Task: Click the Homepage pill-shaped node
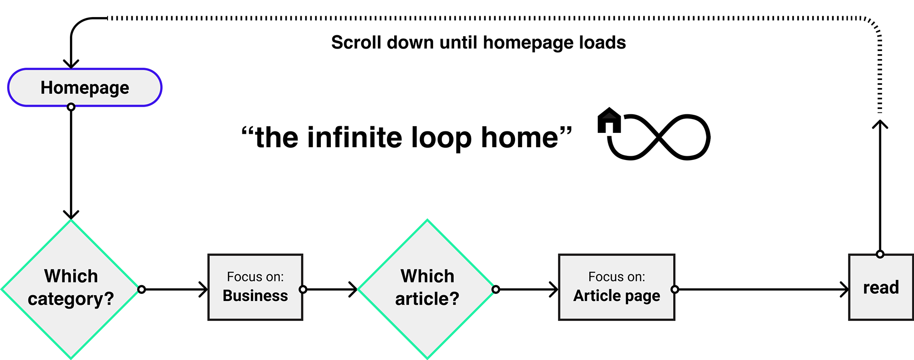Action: click(x=85, y=88)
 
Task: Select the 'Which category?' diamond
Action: click(x=71, y=289)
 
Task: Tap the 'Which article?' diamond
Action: click(x=427, y=289)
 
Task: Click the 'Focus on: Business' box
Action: click(x=255, y=287)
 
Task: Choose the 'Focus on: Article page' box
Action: click(x=616, y=287)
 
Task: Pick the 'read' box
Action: click(x=881, y=287)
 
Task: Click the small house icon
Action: click(x=609, y=120)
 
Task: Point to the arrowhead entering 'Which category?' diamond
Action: click(x=71, y=214)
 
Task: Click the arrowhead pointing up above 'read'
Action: click(x=880, y=125)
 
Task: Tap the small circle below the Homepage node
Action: click(x=71, y=107)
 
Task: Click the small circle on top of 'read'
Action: click(x=880, y=254)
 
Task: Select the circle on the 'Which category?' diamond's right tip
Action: click(x=141, y=289)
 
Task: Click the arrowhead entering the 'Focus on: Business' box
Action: click(x=203, y=289)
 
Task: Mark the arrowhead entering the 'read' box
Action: click(x=844, y=289)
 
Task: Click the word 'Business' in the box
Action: click(x=255, y=296)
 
